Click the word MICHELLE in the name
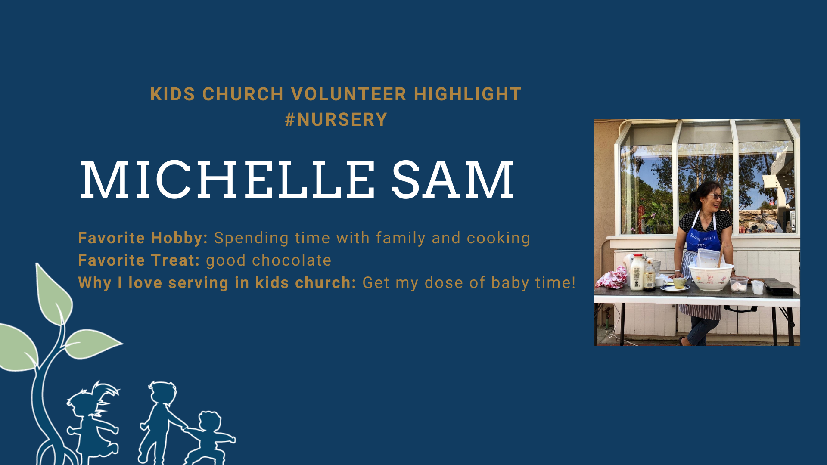(227, 180)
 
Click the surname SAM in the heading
(453, 180)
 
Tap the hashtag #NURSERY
(336, 119)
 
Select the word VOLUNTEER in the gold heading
(349, 94)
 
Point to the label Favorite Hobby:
(143, 238)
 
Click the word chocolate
(292, 260)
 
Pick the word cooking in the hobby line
(498, 239)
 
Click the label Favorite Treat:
(139, 260)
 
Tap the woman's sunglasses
(715, 197)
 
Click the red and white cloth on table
(612, 278)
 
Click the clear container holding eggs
(739, 285)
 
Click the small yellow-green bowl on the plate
(679, 283)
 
